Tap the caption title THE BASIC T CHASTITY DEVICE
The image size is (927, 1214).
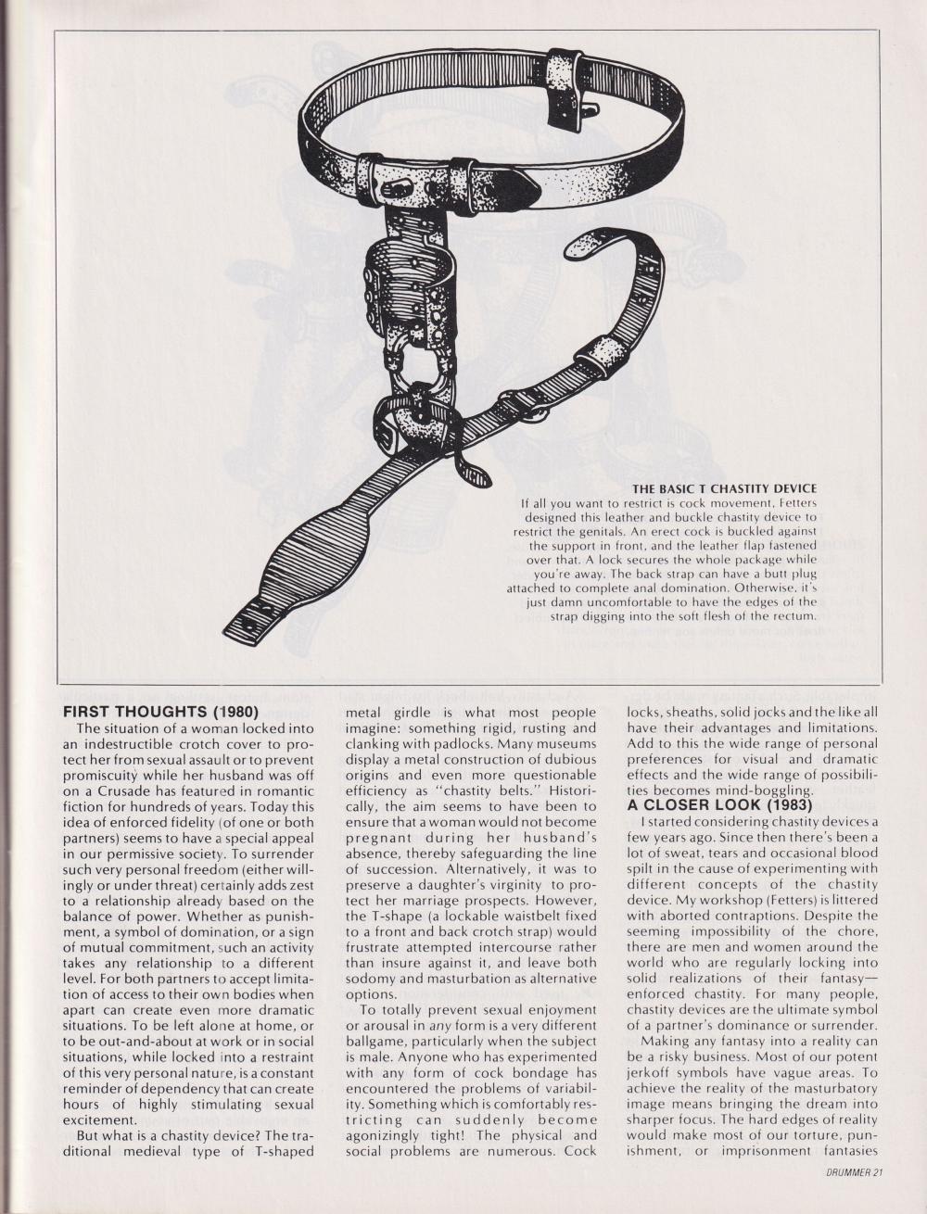coord(726,488)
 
